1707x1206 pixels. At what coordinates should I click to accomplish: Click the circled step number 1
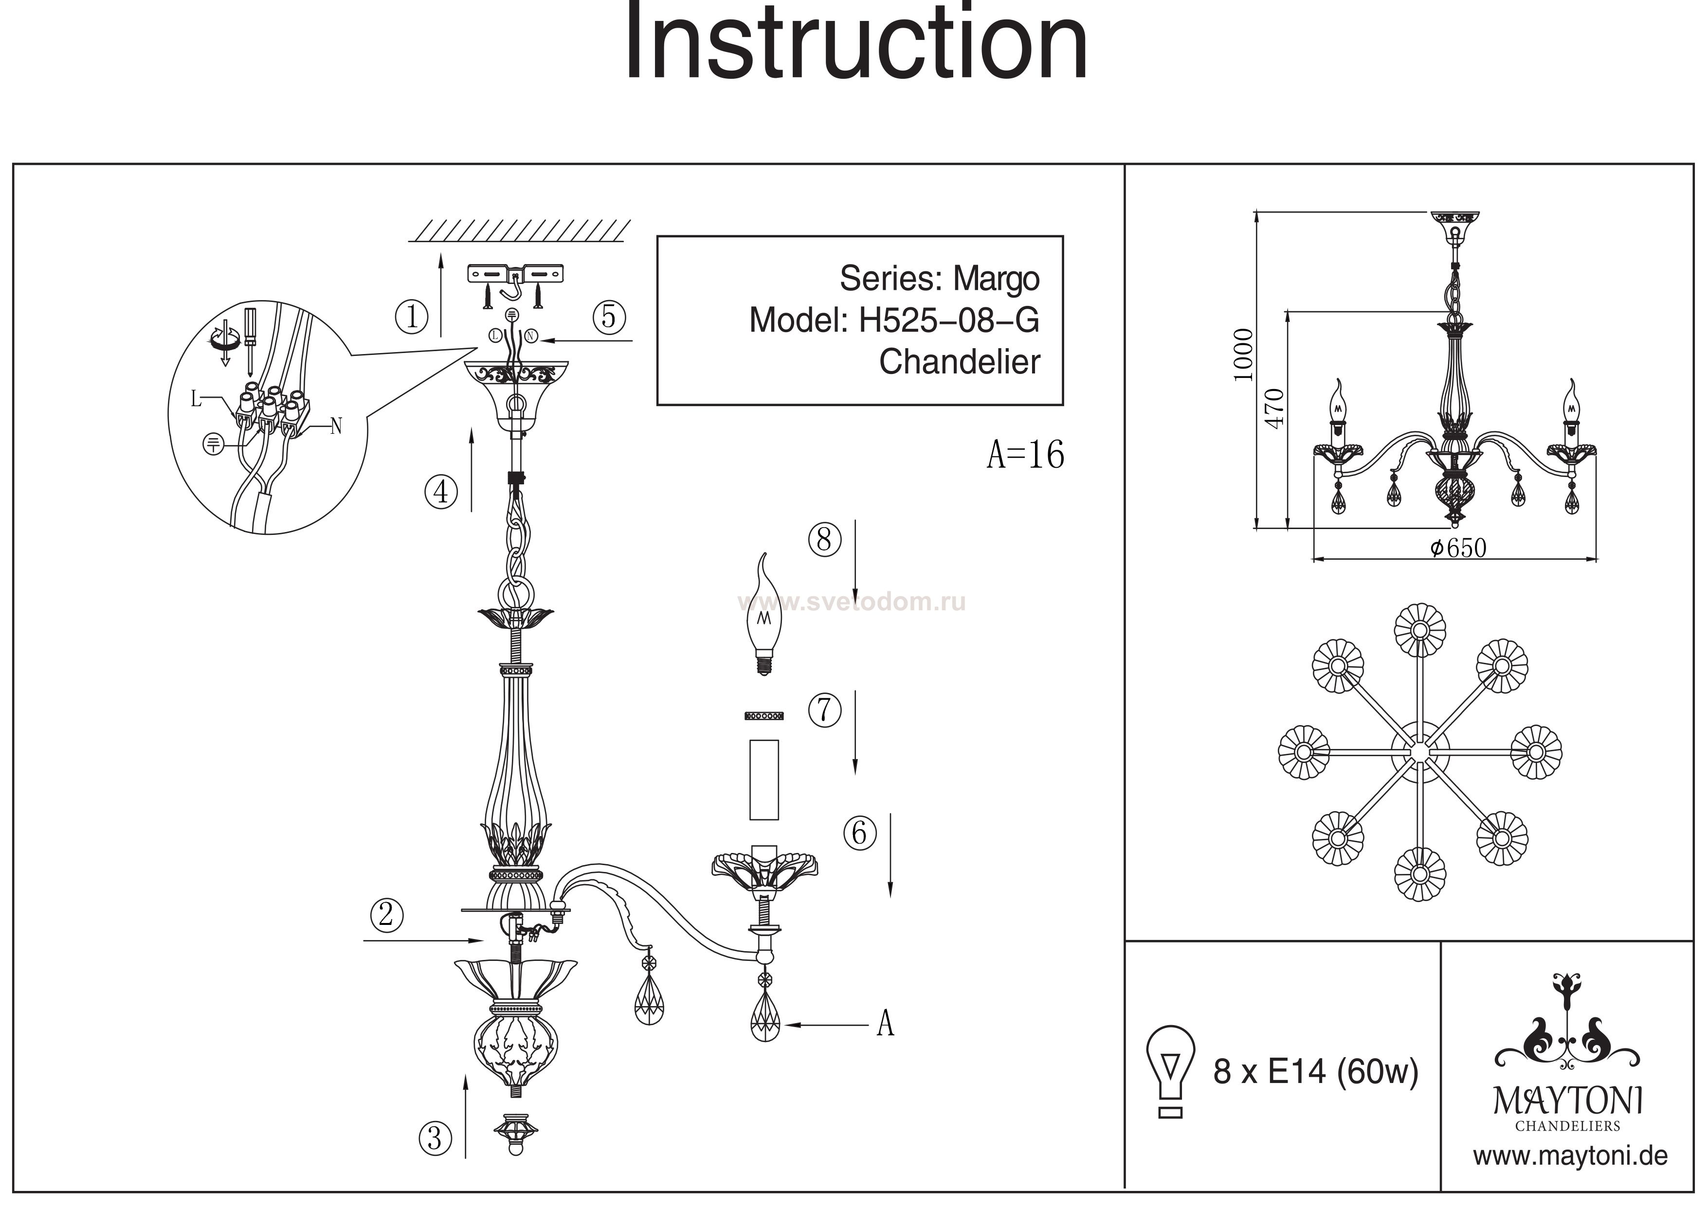click(x=411, y=317)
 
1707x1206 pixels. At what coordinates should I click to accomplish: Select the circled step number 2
click(x=386, y=915)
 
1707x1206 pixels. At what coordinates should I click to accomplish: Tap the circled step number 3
click(x=435, y=1138)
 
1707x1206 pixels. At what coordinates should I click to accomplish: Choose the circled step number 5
click(x=609, y=317)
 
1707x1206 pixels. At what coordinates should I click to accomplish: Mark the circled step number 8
click(x=824, y=539)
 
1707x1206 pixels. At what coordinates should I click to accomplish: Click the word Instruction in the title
click(x=855, y=43)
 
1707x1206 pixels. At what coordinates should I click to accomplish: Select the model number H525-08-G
click(x=949, y=321)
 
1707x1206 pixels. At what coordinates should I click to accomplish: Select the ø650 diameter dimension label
click(x=1458, y=549)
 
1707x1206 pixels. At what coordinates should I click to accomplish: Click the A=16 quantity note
click(x=1025, y=454)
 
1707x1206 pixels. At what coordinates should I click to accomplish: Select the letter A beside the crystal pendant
click(x=885, y=1024)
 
